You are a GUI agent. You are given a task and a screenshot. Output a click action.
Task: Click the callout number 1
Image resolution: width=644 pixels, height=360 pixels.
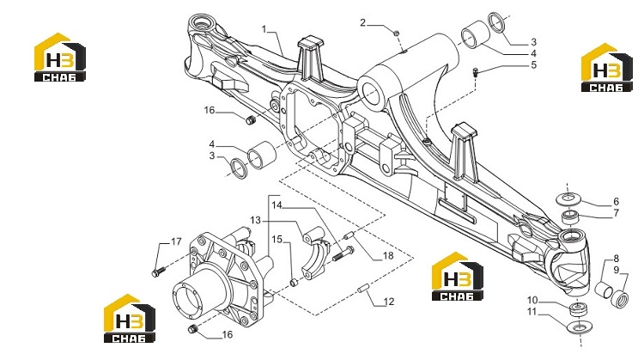[x=264, y=29]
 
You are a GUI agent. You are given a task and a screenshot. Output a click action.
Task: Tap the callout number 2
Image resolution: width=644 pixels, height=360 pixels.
[x=362, y=22]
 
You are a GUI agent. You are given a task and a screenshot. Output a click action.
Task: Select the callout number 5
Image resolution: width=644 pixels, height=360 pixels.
[x=533, y=65]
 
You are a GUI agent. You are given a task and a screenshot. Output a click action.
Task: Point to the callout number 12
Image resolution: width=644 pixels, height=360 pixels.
[x=388, y=302]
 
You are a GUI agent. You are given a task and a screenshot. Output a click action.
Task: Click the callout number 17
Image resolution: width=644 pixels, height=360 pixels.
[x=176, y=241]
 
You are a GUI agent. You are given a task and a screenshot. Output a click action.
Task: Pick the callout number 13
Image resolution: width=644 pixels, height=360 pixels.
[x=256, y=221]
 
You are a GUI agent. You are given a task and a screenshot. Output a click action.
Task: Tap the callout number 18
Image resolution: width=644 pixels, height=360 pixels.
[x=388, y=256]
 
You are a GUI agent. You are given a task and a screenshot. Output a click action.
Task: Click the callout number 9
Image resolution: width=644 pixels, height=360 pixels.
[x=617, y=270]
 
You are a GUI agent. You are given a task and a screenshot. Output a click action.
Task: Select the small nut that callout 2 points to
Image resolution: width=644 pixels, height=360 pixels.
[x=397, y=33]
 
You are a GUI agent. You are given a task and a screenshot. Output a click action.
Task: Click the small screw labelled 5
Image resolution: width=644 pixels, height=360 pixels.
[x=475, y=73]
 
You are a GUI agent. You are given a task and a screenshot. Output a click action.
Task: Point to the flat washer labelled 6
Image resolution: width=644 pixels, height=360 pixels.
[x=568, y=198]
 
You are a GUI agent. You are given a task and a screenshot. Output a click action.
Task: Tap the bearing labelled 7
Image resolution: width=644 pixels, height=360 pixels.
[x=569, y=217]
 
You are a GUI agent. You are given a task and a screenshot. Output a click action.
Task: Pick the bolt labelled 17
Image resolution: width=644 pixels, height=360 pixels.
[x=158, y=272]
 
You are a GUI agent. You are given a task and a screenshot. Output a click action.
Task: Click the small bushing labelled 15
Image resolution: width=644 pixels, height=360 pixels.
[x=294, y=283]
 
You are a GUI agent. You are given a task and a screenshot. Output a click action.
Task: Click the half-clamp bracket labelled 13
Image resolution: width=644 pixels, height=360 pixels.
[x=314, y=254]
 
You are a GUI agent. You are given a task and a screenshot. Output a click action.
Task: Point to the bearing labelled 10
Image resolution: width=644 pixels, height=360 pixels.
[x=578, y=309]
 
